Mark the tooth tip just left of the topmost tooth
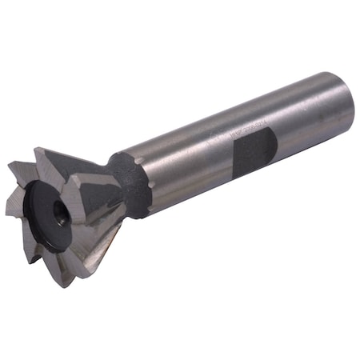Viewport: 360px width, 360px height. [x=10, y=164]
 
